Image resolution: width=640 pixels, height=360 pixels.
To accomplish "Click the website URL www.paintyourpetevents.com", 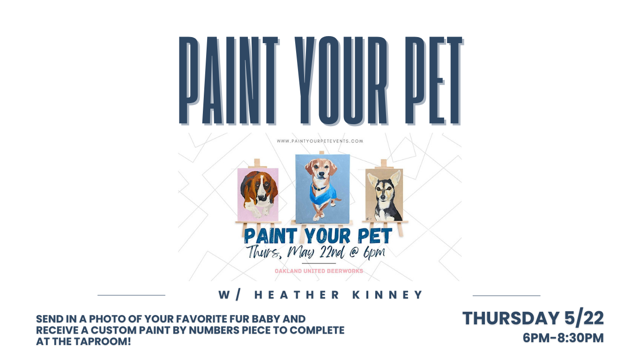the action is [x=320, y=141].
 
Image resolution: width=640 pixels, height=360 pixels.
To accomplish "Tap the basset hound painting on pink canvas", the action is [x=258, y=195].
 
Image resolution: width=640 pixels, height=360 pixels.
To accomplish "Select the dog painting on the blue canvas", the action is [x=322, y=189].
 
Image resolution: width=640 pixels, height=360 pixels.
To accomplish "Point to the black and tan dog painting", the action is [x=384, y=195].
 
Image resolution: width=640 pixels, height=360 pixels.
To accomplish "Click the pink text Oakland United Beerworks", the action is [x=319, y=271].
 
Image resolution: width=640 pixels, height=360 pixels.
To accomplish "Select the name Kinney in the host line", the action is [x=388, y=295].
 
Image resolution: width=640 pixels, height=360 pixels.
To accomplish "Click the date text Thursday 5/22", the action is [x=533, y=318].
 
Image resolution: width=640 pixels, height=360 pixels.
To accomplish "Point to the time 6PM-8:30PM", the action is [x=563, y=337].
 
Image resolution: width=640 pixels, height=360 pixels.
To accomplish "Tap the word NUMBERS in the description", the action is [x=214, y=330].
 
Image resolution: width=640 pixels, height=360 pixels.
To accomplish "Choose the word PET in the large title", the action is [x=434, y=81].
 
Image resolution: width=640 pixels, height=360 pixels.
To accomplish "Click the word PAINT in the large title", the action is [x=229, y=81].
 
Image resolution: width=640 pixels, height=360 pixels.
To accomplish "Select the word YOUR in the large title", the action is [x=341, y=81].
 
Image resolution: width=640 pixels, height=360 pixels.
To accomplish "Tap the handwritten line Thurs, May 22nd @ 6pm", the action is [x=316, y=253].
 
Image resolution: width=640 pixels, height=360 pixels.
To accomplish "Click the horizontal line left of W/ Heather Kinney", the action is [x=132, y=295].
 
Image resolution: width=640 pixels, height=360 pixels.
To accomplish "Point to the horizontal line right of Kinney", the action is [x=506, y=296].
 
